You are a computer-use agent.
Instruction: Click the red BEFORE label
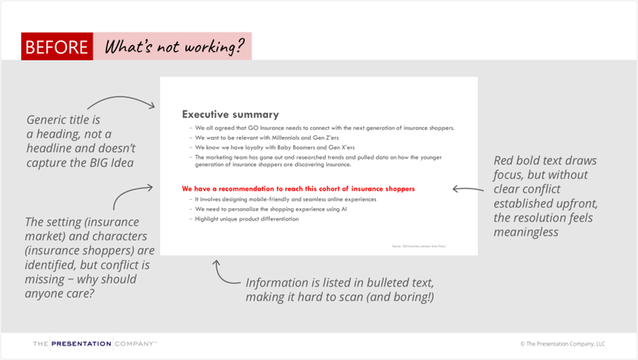tap(56, 47)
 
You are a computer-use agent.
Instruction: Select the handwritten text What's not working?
tap(173, 47)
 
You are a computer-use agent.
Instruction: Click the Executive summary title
tap(230, 115)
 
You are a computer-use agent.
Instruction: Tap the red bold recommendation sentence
tap(298, 188)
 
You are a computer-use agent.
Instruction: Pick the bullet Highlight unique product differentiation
tap(246, 219)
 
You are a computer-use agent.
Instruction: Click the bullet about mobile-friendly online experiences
tap(285, 199)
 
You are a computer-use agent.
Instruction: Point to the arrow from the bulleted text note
tap(223, 273)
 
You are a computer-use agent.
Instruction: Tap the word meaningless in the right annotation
tap(526, 232)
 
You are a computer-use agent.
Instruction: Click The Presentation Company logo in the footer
tap(95, 344)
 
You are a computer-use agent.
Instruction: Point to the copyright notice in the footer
tap(562, 344)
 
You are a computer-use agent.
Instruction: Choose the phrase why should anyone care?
tap(81, 287)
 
